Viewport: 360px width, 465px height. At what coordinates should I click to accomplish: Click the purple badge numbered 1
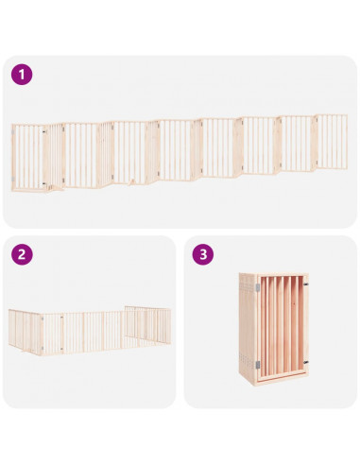click(22, 75)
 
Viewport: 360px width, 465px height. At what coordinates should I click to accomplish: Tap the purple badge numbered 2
click(22, 254)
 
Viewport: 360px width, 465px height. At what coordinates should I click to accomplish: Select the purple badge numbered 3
click(203, 254)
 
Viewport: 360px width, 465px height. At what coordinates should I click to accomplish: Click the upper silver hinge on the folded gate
click(258, 287)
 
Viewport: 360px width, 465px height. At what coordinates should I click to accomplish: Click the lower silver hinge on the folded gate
click(258, 365)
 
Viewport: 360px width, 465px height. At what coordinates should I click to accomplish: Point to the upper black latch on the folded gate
click(305, 284)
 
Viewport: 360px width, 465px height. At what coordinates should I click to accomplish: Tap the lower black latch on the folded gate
click(305, 362)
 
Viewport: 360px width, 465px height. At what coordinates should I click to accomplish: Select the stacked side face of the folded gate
click(248, 328)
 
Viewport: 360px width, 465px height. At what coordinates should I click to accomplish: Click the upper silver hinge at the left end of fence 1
click(13, 131)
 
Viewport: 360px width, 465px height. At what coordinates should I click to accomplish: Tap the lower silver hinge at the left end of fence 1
click(13, 179)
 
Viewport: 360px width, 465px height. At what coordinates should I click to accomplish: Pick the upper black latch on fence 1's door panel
click(44, 130)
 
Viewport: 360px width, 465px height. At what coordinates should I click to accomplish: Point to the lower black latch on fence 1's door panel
click(44, 183)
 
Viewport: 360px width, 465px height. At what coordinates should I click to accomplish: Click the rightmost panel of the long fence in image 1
click(331, 142)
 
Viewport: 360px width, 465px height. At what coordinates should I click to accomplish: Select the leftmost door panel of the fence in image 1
click(29, 158)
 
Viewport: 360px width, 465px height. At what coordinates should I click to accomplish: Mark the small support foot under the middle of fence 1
click(132, 182)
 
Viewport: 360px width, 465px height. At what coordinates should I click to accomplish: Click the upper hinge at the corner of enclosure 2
click(42, 319)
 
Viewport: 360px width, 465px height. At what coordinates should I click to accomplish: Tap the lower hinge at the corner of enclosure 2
click(42, 349)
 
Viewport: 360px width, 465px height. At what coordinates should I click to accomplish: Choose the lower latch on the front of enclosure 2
click(61, 349)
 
